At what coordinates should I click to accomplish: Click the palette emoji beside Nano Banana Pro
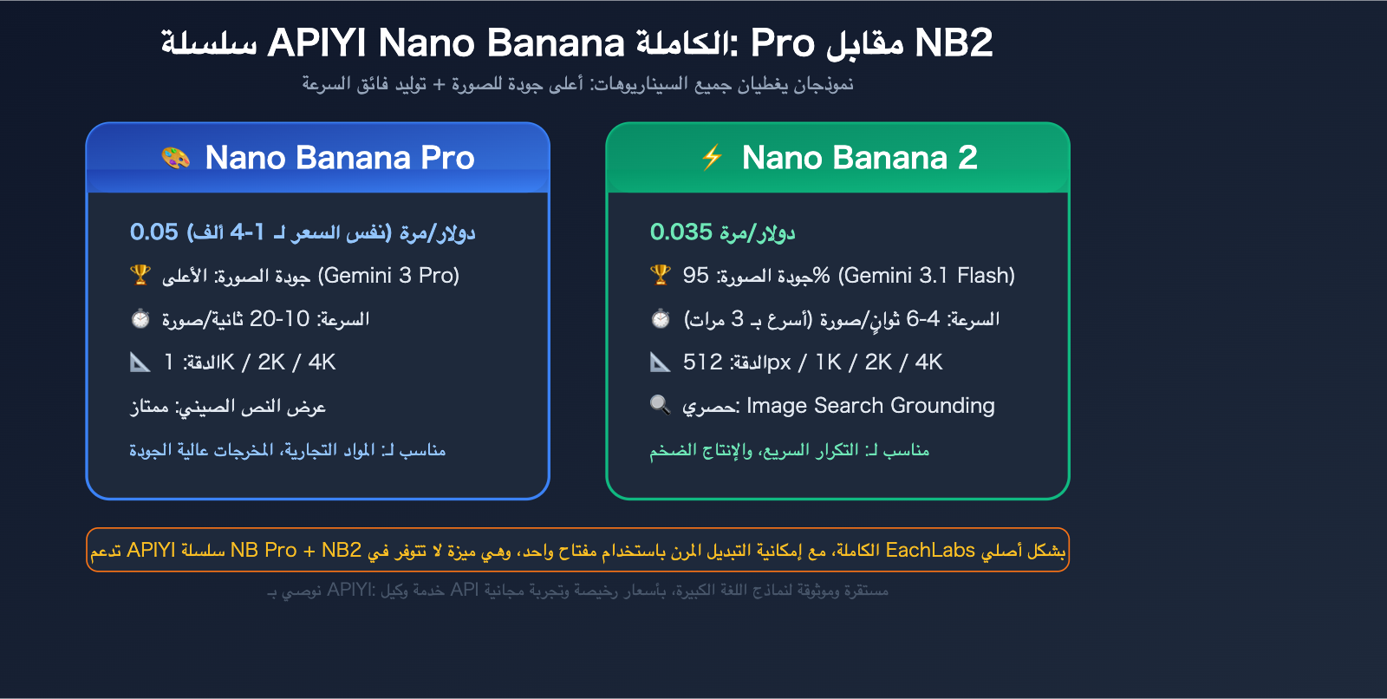[176, 157]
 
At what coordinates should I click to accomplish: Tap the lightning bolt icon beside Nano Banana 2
[712, 157]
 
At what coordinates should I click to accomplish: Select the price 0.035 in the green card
[681, 232]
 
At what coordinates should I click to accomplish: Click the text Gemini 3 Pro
[389, 276]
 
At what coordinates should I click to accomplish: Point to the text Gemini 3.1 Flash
[927, 276]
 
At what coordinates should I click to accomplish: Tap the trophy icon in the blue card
[140, 275]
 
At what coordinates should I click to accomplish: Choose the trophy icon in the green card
[661, 275]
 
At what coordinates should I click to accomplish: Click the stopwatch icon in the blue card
[140, 318]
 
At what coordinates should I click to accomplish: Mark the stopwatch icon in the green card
[661, 318]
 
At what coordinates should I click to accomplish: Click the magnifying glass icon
[661, 405]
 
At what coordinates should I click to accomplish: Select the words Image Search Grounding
[870, 406]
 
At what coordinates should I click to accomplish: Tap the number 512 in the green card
[703, 362]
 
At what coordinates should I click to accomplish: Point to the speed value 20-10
[279, 319]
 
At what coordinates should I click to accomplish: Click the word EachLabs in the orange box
[930, 551]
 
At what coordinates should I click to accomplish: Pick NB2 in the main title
[954, 42]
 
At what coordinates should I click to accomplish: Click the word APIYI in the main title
[316, 42]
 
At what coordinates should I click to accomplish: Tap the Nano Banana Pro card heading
[340, 157]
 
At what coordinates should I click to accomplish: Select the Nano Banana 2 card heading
[859, 157]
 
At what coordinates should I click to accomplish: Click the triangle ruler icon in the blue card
[140, 362]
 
